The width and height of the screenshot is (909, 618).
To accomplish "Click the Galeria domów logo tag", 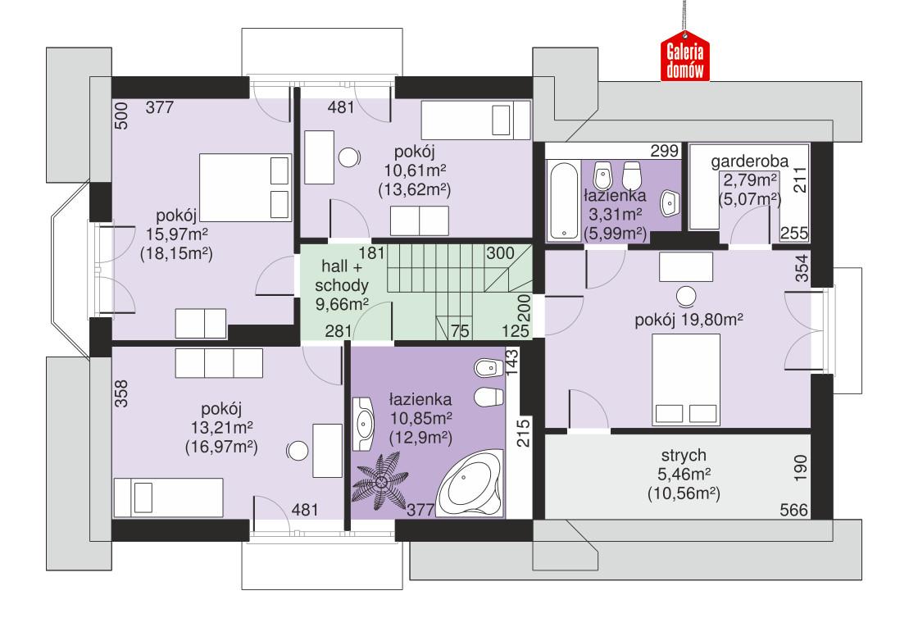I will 685,61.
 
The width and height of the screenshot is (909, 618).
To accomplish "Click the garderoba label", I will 749,161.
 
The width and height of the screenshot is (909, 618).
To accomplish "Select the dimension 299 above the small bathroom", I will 664,151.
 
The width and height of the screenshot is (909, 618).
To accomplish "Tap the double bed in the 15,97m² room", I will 245,186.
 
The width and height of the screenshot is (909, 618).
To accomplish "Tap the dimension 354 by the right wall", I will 801,270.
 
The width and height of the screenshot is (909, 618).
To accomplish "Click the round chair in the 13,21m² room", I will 298,449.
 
